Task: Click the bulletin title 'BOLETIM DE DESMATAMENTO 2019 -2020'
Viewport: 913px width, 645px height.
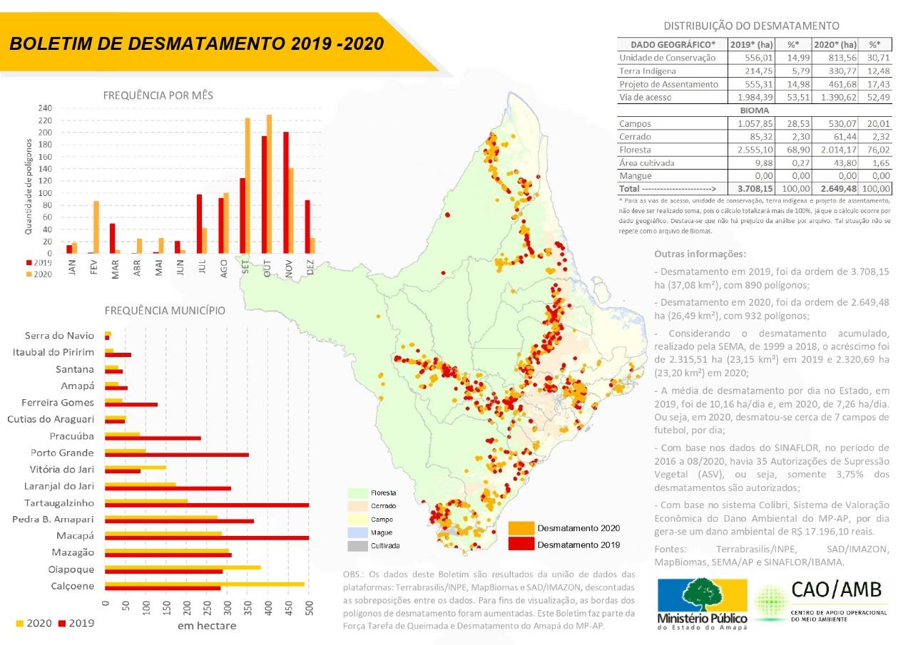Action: [197, 43]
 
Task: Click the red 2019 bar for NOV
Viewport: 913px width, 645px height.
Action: [286, 192]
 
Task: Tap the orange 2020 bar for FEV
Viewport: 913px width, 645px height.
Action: [96, 227]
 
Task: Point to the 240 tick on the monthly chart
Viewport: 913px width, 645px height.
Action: [45, 108]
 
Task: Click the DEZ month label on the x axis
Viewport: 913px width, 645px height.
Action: [310, 267]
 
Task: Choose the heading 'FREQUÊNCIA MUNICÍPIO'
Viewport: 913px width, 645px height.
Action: [165, 311]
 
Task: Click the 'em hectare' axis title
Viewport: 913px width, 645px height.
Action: [207, 626]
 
